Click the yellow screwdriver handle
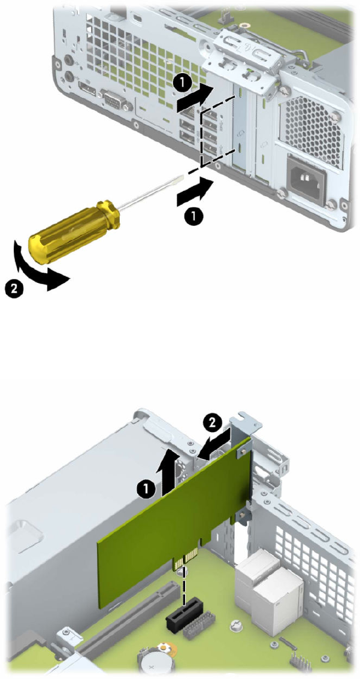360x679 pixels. point(74,231)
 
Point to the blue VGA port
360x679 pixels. point(113,102)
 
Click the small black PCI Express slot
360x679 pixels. point(184,614)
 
